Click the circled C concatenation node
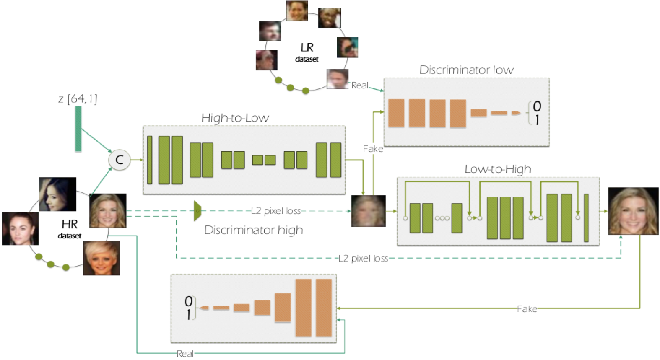click(120, 160)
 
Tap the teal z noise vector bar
click(78, 129)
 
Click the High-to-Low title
click(235, 118)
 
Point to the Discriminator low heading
click(466, 70)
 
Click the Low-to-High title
click(498, 169)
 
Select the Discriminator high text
click(253, 230)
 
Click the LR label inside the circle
click(307, 47)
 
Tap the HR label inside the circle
click(70, 224)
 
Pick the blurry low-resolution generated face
click(368, 211)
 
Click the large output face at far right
click(633, 211)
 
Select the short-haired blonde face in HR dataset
click(101, 258)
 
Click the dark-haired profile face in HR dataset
click(58, 194)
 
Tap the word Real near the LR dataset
click(359, 85)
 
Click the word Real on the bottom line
click(185, 354)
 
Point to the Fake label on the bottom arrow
click(527, 309)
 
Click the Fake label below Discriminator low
click(373, 149)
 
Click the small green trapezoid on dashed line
click(197, 211)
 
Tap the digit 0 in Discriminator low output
click(537, 106)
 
